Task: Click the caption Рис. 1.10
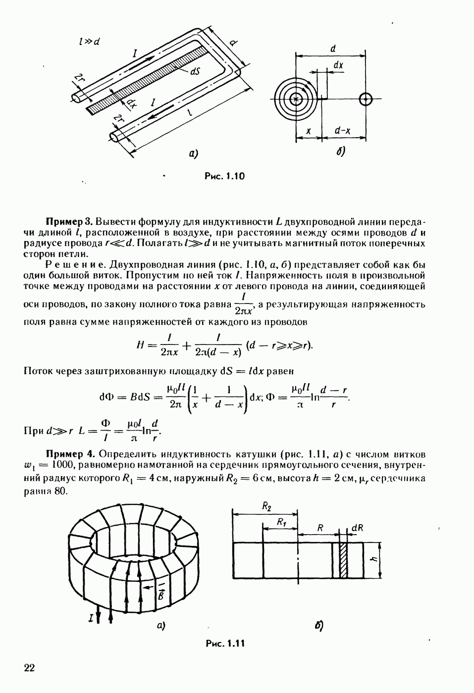(x=225, y=176)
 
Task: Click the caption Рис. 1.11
(x=225, y=643)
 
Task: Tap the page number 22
(x=29, y=668)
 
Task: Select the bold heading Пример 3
(x=69, y=220)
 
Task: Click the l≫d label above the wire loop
(x=89, y=42)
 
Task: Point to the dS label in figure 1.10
(x=195, y=71)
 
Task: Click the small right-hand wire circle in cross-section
(x=366, y=99)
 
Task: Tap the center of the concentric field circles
(x=296, y=99)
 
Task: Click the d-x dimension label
(x=343, y=131)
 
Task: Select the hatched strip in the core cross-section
(x=342, y=560)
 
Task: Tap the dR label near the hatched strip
(x=357, y=528)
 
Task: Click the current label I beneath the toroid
(x=91, y=618)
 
